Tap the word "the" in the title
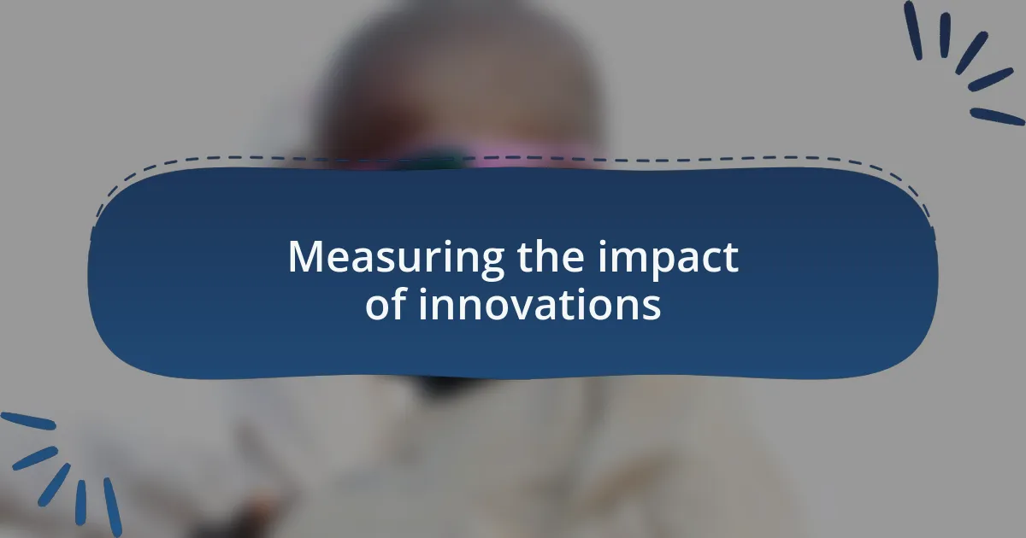[551, 255]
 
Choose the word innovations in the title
[540, 304]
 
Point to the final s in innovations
[652, 307]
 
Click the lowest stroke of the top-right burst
[997, 116]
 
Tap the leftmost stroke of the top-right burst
[912, 30]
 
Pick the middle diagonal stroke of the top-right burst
[971, 53]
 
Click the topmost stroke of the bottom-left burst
[28, 421]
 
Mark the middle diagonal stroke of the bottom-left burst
[54, 485]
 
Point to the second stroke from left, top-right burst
[945, 35]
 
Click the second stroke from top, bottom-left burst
[35, 459]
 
